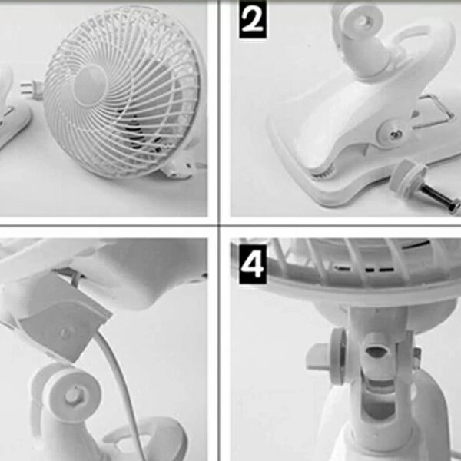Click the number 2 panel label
[253, 19]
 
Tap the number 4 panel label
[253, 264]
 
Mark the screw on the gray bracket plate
[63, 333]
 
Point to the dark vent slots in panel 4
[364, 269]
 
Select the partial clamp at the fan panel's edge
[12, 109]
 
